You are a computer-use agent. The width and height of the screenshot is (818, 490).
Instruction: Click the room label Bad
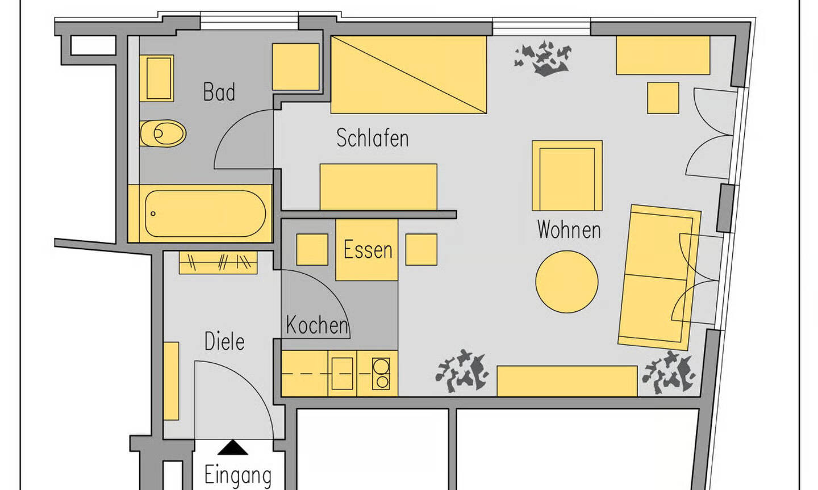(219, 92)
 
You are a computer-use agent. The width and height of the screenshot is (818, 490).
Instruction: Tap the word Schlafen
(372, 138)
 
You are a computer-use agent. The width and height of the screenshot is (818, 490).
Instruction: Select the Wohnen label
(569, 230)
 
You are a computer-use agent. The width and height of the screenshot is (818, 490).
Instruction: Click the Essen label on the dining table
(368, 250)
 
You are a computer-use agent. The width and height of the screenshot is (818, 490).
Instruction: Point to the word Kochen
(316, 325)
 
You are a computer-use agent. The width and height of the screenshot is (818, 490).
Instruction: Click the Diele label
(224, 342)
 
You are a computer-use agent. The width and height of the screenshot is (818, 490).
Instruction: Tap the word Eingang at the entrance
(237, 475)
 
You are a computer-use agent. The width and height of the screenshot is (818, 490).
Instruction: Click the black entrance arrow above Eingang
(233, 449)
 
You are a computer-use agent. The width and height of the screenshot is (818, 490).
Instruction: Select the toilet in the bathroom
(164, 134)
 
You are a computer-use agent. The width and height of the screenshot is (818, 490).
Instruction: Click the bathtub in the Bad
(204, 214)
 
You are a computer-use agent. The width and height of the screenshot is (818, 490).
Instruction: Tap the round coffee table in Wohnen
(566, 282)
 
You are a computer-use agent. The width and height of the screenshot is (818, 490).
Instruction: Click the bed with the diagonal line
(408, 74)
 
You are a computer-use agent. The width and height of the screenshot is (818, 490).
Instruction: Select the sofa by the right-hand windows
(659, 277)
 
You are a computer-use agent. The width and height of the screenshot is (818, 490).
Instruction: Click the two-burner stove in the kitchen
(381, 374)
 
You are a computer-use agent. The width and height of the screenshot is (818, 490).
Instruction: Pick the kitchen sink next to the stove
(342, 374)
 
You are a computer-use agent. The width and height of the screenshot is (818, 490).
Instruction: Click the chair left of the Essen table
(312, 250)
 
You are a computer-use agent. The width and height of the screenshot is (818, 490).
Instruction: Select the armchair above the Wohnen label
(567, 176)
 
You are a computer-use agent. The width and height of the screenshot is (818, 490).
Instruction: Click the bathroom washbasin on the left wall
(156, 78)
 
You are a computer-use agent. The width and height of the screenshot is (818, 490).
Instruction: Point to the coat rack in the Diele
(218, 262)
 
